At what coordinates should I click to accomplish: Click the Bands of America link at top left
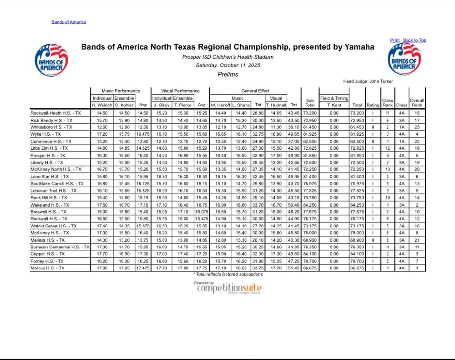coord(68,22)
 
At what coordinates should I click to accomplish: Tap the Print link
coord(394,40)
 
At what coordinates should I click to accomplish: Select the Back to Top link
coord(415,40)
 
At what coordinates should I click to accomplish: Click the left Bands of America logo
coord(51,60)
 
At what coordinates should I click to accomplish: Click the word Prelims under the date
coord(227,74)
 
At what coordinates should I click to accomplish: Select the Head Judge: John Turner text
coord(368,81)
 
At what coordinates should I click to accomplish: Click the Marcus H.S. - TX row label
coord(48,269)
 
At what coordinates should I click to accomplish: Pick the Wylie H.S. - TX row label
coord(45,135)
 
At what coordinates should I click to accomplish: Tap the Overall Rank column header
coord(417,102)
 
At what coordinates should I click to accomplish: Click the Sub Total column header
coord(310,102)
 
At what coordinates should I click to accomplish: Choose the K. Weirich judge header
coord(102,105)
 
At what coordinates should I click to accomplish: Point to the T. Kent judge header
coord(334,105)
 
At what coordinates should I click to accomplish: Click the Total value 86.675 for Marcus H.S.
coord(356,269)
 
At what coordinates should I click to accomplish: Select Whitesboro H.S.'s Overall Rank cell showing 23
coord(417,127)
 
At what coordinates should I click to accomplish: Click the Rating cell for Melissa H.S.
coord(373,240)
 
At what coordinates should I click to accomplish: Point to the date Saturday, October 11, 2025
coord(227,65)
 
